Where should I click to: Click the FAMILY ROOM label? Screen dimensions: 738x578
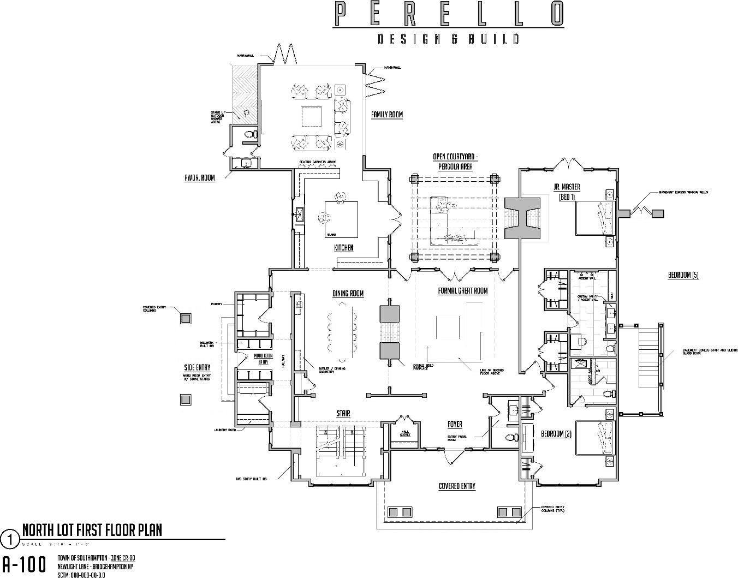[x=386, y=115]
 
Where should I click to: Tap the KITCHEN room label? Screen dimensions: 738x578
[x=344, y=248]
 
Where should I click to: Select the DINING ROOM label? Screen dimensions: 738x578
[x=348, y=294]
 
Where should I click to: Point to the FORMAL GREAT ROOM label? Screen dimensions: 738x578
[x=463, y=291]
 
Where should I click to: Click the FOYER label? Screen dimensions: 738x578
[x=454, y=424]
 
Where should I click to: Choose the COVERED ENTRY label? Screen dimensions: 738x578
[x=457, y=486]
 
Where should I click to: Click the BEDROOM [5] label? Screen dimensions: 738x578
[x=683, y=275]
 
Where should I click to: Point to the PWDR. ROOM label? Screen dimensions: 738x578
[x=199, y=178]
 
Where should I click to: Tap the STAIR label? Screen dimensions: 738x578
[x=343, y=414]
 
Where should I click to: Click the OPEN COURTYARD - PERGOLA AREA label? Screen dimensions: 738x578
[x=455, y=162]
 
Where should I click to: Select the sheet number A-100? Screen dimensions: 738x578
[x=25, y=564]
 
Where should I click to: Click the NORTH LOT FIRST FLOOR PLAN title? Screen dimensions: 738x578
[x=92, y=530]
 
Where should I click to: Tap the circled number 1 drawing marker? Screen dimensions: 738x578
[x=10, y=539]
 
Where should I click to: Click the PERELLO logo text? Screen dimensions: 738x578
[x=448, y=14]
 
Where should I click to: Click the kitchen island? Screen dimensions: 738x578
[x=342, y=219]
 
